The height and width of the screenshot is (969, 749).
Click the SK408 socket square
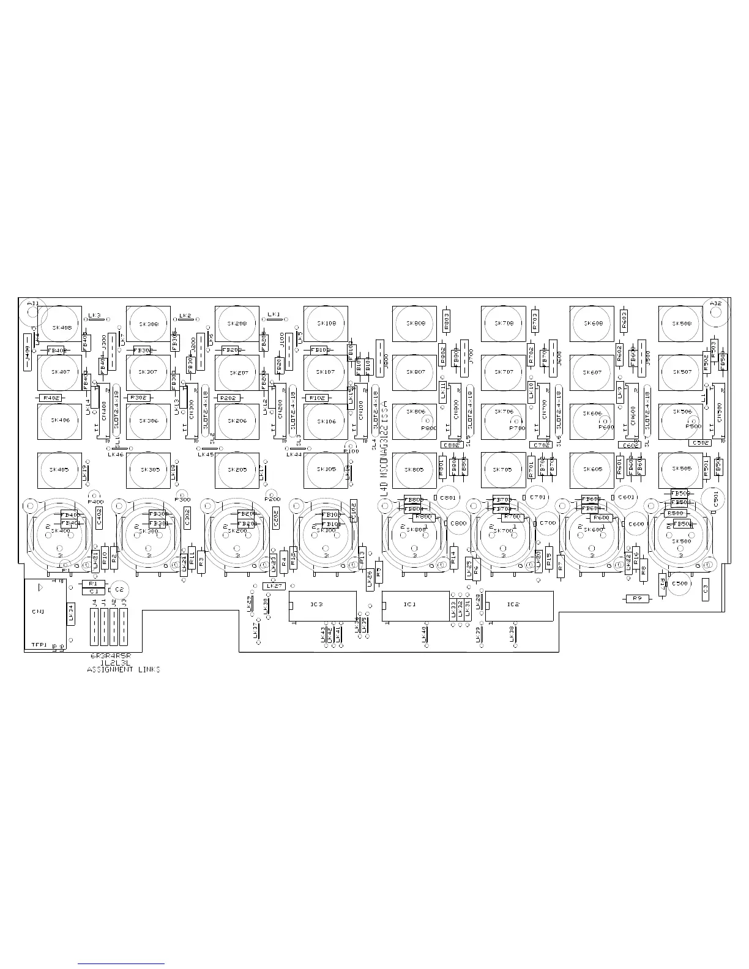(59, 327)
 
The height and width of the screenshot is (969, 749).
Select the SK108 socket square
(326, 324)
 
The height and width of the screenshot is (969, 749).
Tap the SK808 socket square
(414, 324)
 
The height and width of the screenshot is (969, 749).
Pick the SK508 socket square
(680, 324)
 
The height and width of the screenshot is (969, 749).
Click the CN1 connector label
(38, 611)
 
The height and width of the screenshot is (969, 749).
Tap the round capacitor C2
(119, 589)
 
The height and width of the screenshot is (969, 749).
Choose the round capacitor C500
(680, 584)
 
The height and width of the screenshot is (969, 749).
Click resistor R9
(637, 598)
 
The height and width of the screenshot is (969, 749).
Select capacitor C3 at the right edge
(705, 588)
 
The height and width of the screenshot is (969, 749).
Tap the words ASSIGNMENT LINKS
(124, 670)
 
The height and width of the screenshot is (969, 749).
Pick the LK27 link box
(275, 585)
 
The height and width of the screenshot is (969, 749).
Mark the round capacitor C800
(458, 524)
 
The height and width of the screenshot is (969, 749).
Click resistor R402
(51, 398)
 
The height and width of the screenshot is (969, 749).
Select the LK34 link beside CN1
(71, 612)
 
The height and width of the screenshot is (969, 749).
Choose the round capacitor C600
(636, 524)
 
